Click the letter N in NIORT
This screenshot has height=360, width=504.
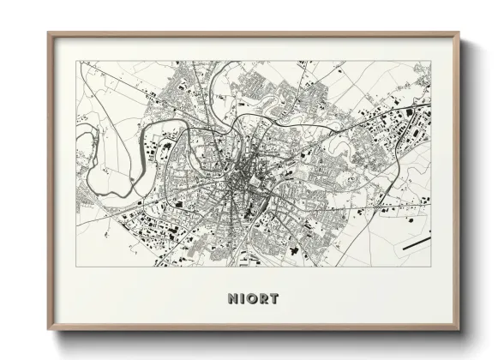tap(232, 299)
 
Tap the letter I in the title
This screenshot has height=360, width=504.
tap(243, 299)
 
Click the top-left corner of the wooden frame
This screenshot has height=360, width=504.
tap(48, 33)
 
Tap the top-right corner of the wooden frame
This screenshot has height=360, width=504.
tap(459, 33)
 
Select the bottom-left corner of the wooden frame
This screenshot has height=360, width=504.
tap(48, 332)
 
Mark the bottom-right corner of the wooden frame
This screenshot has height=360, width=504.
tap(459, 332)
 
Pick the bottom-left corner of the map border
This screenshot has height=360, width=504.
tap(77, 266)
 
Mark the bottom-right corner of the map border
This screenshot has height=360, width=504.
tap(430, 266)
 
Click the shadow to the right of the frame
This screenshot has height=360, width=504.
tap(466, 189)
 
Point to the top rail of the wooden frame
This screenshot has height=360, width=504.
tap(254, 35)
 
